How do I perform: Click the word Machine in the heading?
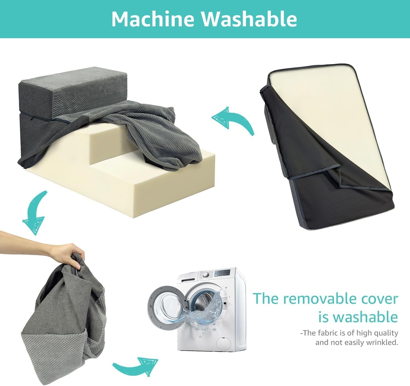(x=153, y=19)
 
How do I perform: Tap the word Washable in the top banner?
(x=249, y=19)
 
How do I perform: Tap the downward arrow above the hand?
(x=35, y=212)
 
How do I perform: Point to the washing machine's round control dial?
(x=206, y=275)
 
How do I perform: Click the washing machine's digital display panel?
(x=222, y=273)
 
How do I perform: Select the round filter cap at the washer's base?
(x=223, y=343)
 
